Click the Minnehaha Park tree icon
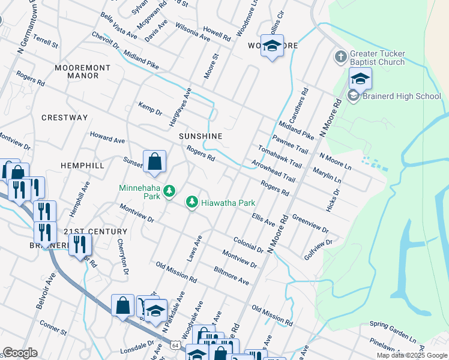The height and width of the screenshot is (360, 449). click(x=170, y=191)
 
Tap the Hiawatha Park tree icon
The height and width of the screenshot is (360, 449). click(x=192, y=203)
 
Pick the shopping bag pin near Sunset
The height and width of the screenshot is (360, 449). click(x=155, y=162)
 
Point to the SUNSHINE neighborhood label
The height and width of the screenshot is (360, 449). click(x=200, y=136)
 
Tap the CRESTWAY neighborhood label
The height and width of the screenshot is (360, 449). click(x=65, y=118)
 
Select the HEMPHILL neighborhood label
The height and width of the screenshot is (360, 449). click(x=82, y=165)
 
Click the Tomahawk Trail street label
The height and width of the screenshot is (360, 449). click(x=279, y=155)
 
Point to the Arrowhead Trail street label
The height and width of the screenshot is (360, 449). click(x=273, y=170)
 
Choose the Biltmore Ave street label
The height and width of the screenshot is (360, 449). click(x=231, y=276)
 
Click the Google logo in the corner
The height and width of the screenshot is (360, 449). click(x=20, y=353)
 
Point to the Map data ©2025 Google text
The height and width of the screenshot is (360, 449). click(x=411, y=355)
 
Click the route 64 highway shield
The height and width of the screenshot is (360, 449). click(x=174, y=346)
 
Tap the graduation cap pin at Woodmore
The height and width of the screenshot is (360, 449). click(x=272, y=46)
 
